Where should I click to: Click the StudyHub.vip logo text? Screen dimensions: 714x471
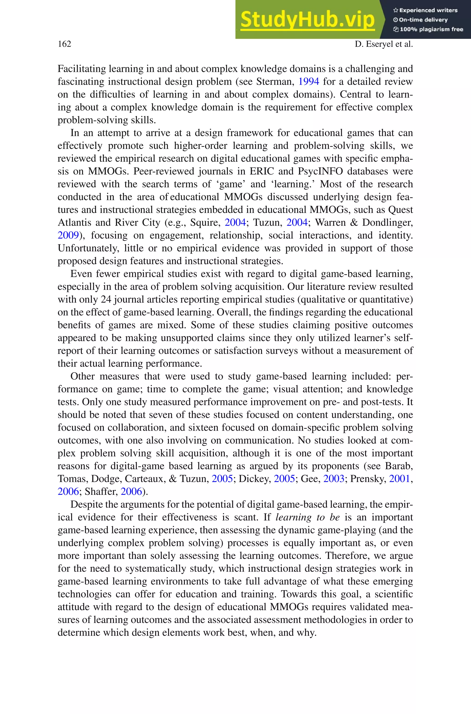[x=307, y=19]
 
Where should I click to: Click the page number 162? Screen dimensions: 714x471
[x=64, y=44]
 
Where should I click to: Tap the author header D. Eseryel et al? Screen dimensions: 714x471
[x=384, y=44]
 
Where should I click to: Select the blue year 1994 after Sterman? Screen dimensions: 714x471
[x=308, y=82]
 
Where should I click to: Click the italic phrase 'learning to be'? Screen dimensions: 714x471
[x=307, y=517]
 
